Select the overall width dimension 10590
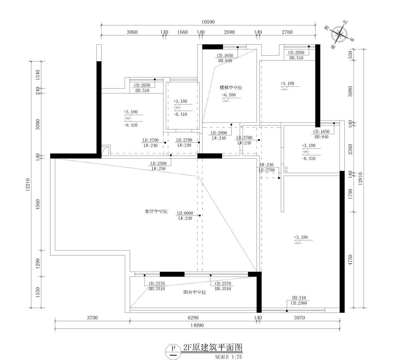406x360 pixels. (x=208, y=22)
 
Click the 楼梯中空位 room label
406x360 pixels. (x=231, y=88)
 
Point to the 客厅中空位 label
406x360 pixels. (x=156, y=212)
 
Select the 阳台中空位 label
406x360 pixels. (x=195, y=292)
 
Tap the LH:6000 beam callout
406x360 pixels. (x=185, y=213)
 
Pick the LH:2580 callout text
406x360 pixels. (x=158, y=163)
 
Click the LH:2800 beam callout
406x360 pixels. (x=219, y=133)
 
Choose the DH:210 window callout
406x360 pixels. (x=299, y=298)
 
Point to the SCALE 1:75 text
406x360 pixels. (x=228, y=357)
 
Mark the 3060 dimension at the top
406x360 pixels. (x=132, y=32)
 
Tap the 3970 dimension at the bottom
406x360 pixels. (x=299, y=318)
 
